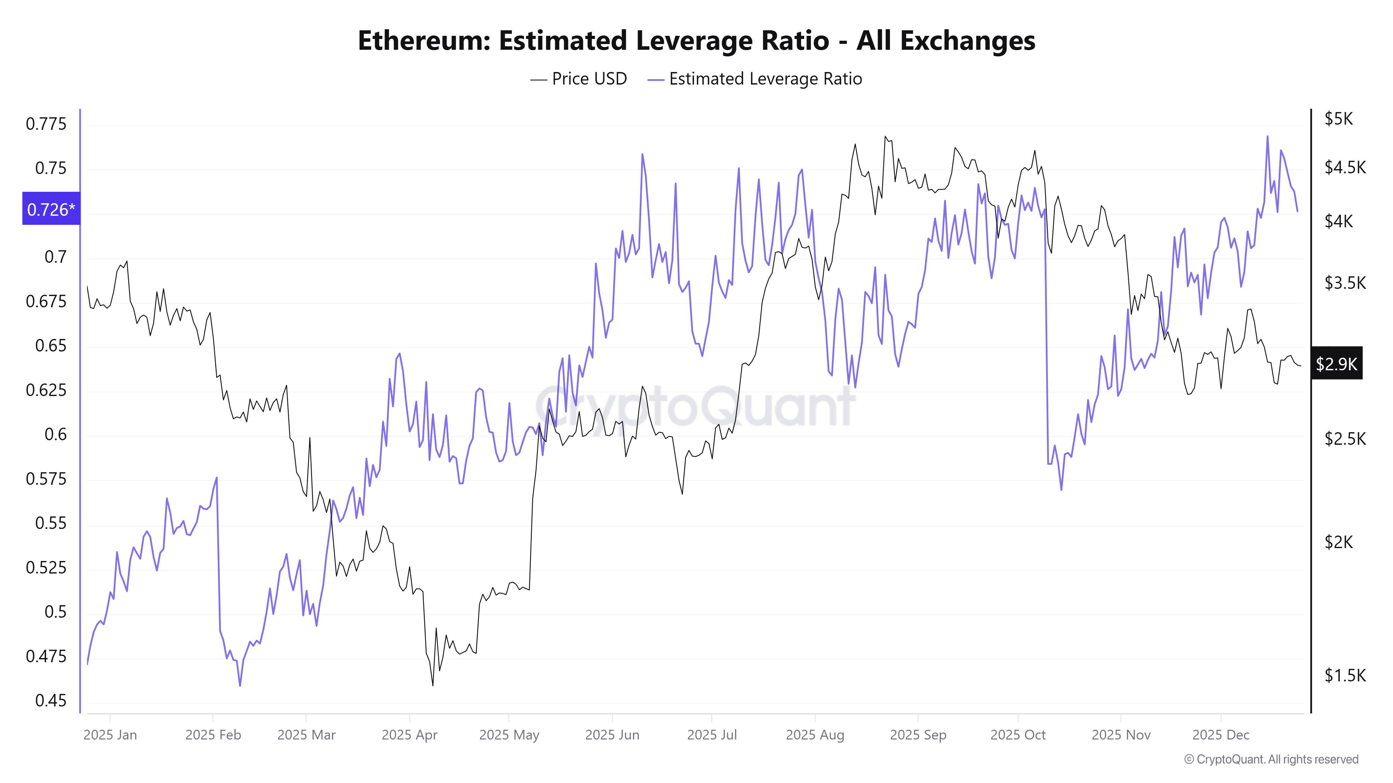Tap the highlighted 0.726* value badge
click(x=51, y=209)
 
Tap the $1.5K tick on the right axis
click(x=1344, y=675)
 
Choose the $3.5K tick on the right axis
click(x=1344, y=283)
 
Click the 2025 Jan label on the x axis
click(x=110, y=735)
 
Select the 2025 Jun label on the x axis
click(x=612, y=735)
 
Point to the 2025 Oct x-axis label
click(x=1018, y=735)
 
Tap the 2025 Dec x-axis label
click(x=1221, y=735)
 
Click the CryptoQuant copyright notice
click(x=1271, y=759)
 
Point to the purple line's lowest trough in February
click(x=240, y=686)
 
